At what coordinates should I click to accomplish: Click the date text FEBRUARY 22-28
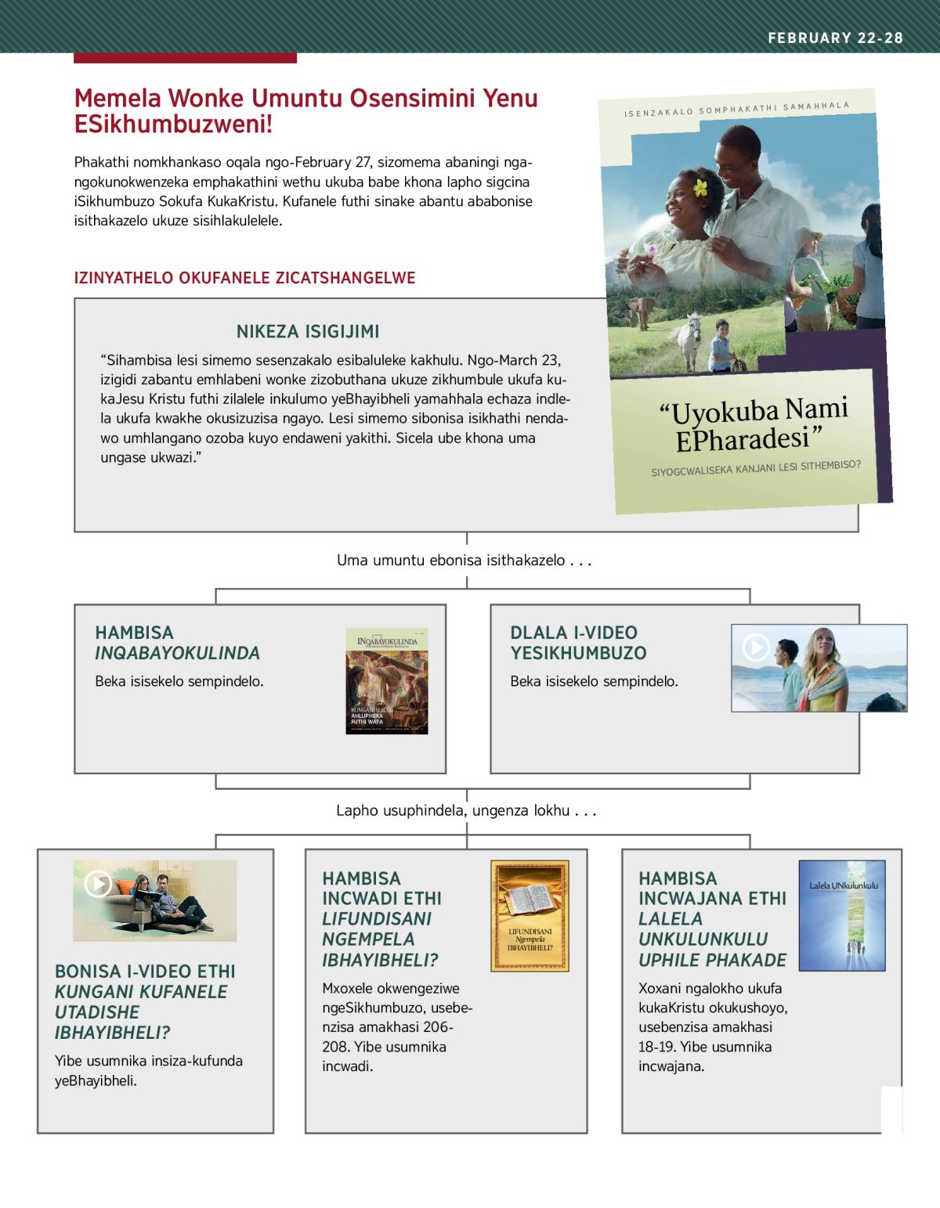tap(835, 38)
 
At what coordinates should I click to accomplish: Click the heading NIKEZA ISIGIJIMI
tap(307, 332)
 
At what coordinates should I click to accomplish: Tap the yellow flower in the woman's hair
tap(699, 188)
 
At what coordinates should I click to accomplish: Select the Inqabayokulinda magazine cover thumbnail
tap(387, 681)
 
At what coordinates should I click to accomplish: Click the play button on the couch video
tap(98, 884)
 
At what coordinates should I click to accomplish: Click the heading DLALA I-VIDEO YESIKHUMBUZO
tap(578, 643)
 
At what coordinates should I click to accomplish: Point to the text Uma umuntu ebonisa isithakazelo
tap(462, 561)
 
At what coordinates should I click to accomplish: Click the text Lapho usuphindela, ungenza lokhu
tap(466, 811)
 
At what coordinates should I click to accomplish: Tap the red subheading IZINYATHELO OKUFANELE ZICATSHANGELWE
tap(244, 278)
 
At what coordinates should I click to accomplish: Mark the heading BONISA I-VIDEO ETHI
tap(144, 972)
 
